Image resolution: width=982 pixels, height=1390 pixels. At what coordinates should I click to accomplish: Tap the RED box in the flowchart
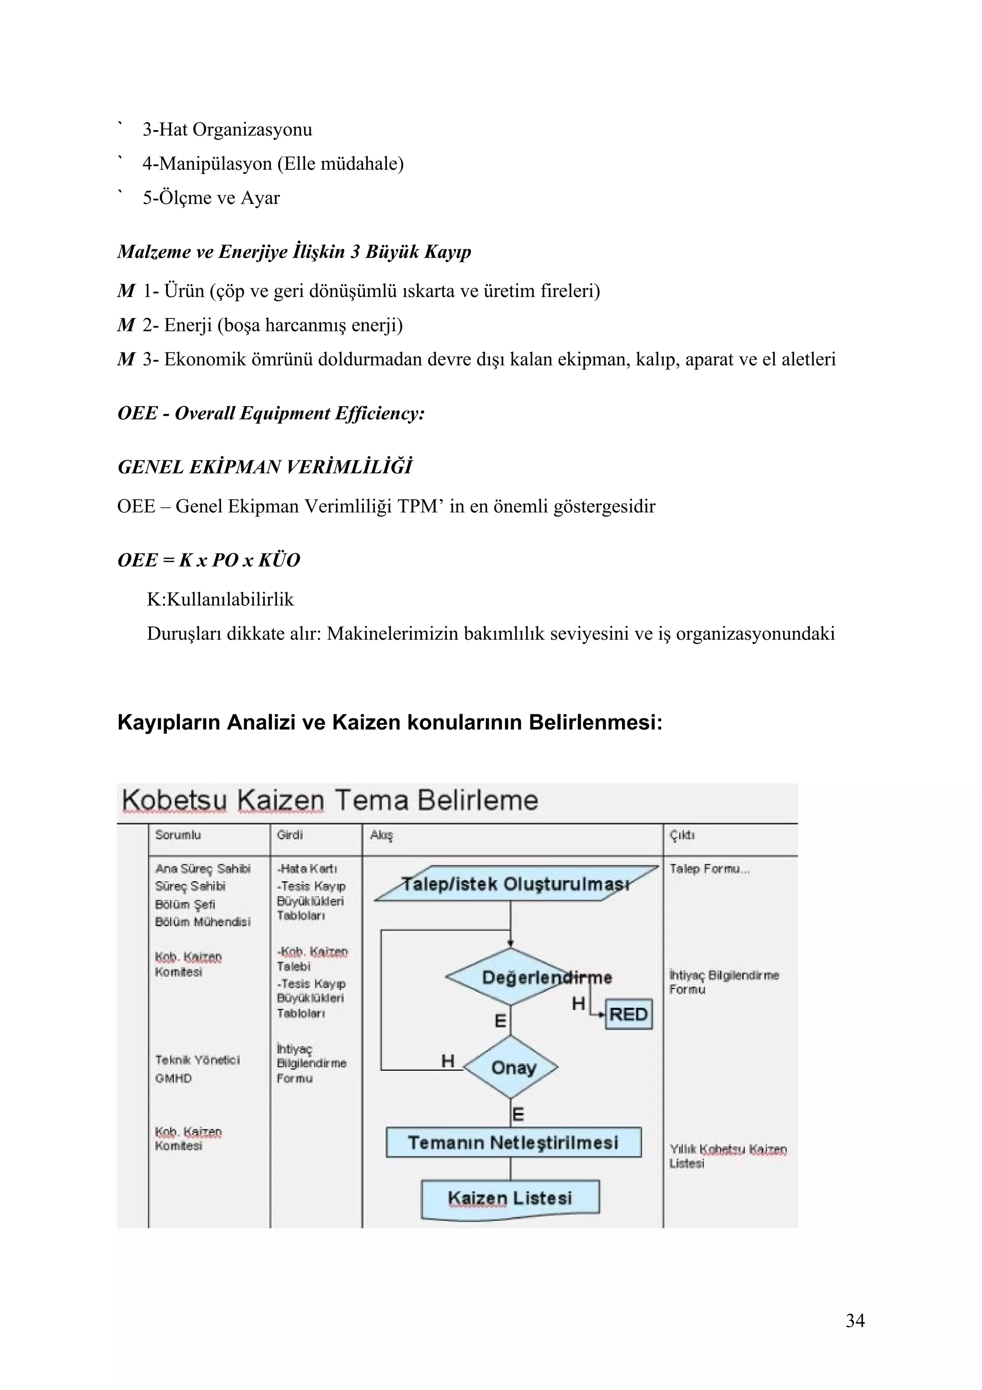click(x=628, y=1014)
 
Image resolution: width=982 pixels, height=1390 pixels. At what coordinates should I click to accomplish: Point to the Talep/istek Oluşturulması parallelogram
click(x=515, y=884)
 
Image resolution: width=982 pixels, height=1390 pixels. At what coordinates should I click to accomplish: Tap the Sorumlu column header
click(x=178, y=835)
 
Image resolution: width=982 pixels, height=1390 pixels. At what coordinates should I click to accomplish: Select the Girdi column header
click(x=289, y=835)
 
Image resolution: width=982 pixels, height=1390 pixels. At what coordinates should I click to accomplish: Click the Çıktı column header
click(x=682, y=836)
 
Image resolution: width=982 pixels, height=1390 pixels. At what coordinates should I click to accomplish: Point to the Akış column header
click(x=381, y=836)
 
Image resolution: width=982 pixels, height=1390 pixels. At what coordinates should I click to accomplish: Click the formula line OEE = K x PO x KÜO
click(x=209, y=560)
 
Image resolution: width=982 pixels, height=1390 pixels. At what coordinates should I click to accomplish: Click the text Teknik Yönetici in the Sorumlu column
click(x=197, y=1060)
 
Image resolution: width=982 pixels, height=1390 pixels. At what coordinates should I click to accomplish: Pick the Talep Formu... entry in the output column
click(x=709, y=869)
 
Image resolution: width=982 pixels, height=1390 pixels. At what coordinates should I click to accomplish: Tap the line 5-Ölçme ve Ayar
click(x=211, y=198)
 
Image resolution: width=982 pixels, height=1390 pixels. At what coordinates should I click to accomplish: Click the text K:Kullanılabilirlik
click(x=220, y=600)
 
